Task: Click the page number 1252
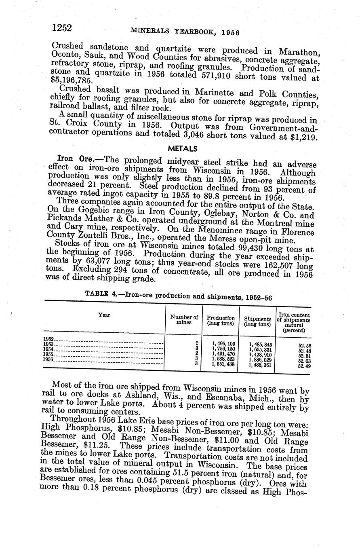tap(62, 28)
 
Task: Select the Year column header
tap(104, 315)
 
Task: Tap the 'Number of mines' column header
tap(184, 320)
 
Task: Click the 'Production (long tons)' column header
tap(221, 321)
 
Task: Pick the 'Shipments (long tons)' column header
tap(257, 321)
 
